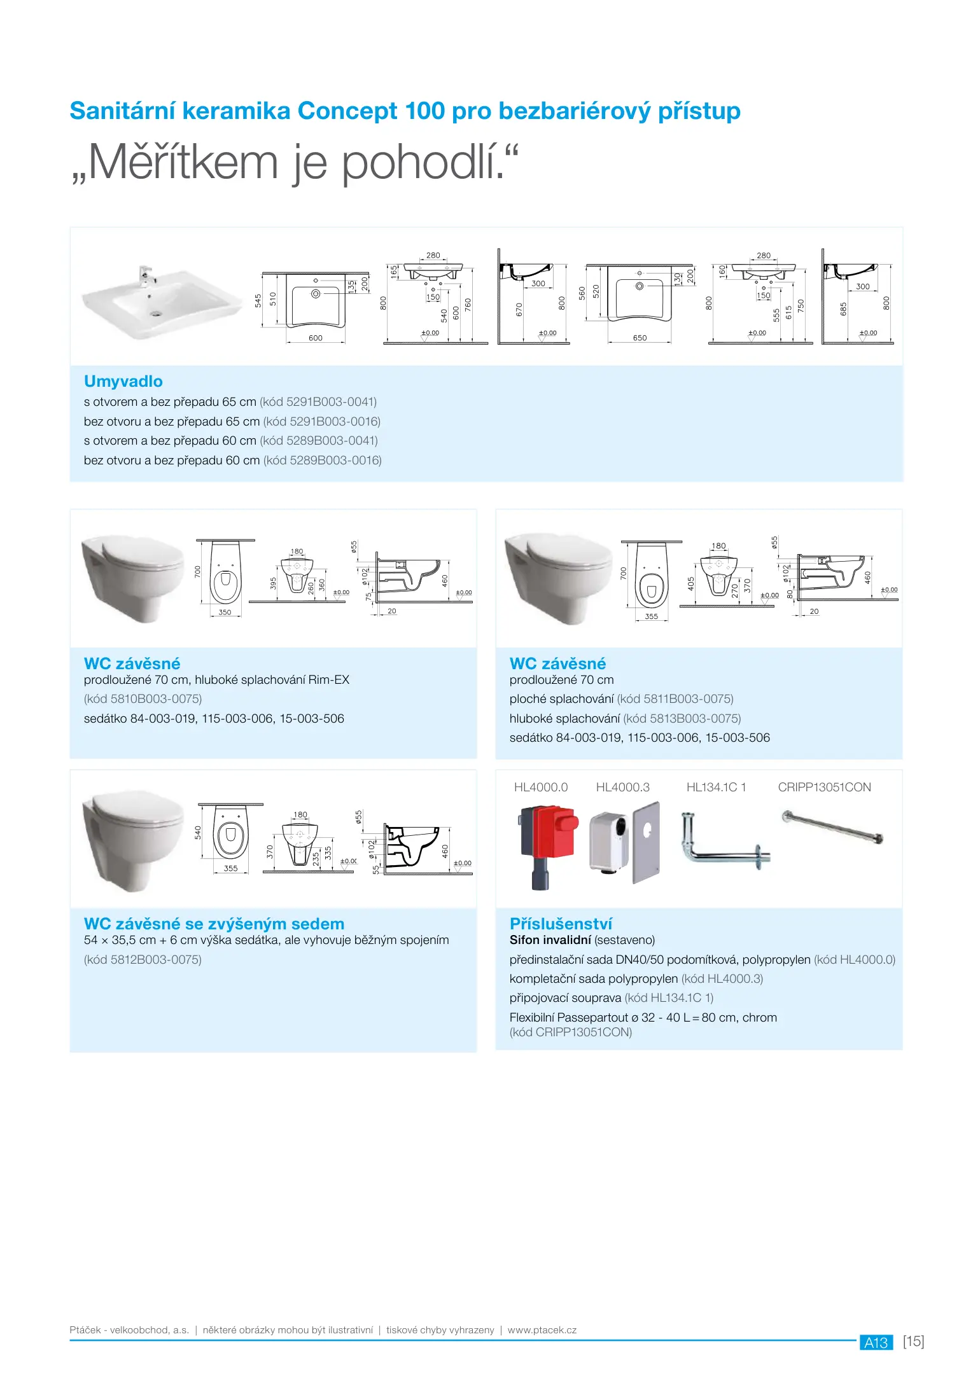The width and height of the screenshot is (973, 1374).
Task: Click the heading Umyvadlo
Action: pyautogui.click(x=123, y=381)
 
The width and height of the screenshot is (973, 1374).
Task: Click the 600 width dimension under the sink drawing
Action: pyautogui.click(x=316, y=338)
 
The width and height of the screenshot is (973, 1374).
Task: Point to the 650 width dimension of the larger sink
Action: pyautogui.click(x=640, y=338)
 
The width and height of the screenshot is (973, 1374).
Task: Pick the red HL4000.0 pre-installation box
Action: pyautogui.click(x=549, y=838)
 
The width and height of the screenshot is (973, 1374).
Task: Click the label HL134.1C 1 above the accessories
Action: pyautogui.click(x=716, y=788)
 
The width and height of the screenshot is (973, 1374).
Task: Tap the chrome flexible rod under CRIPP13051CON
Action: pyautogui.click(x=832, y=828)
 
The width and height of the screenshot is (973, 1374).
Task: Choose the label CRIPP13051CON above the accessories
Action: pyautogui.click(x=824, y=788)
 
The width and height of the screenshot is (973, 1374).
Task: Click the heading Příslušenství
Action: pyautogui.click(x=561, y=924)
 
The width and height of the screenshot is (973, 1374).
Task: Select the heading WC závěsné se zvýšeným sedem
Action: pyautogui.click(x=214, y=924)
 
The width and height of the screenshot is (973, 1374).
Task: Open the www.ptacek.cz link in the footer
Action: pyautogui.click(x=542, y=1330)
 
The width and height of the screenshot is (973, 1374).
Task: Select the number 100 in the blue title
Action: pyautogui.click(x=424, y=111)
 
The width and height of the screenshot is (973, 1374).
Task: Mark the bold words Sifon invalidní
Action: pyautogui.click(x=550, y=940)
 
